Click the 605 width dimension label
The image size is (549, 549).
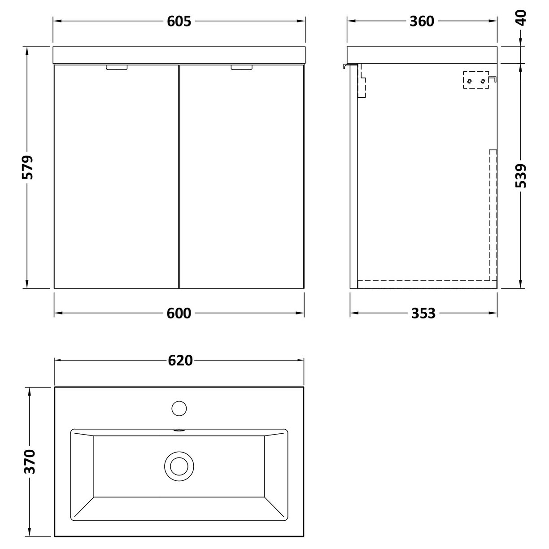179,21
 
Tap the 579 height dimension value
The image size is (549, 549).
28,167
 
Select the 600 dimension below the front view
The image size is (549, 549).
179,313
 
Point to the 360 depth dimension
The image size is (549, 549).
422,21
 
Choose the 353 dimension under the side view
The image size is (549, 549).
423,313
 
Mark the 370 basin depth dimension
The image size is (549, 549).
30,462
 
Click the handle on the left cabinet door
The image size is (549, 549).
117,67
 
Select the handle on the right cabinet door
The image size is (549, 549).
242,67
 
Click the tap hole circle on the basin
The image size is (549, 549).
179,408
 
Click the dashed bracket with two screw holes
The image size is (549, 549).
475,81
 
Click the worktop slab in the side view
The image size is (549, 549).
423,54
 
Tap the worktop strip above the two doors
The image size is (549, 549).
179,54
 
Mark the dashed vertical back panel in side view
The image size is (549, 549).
493,215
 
